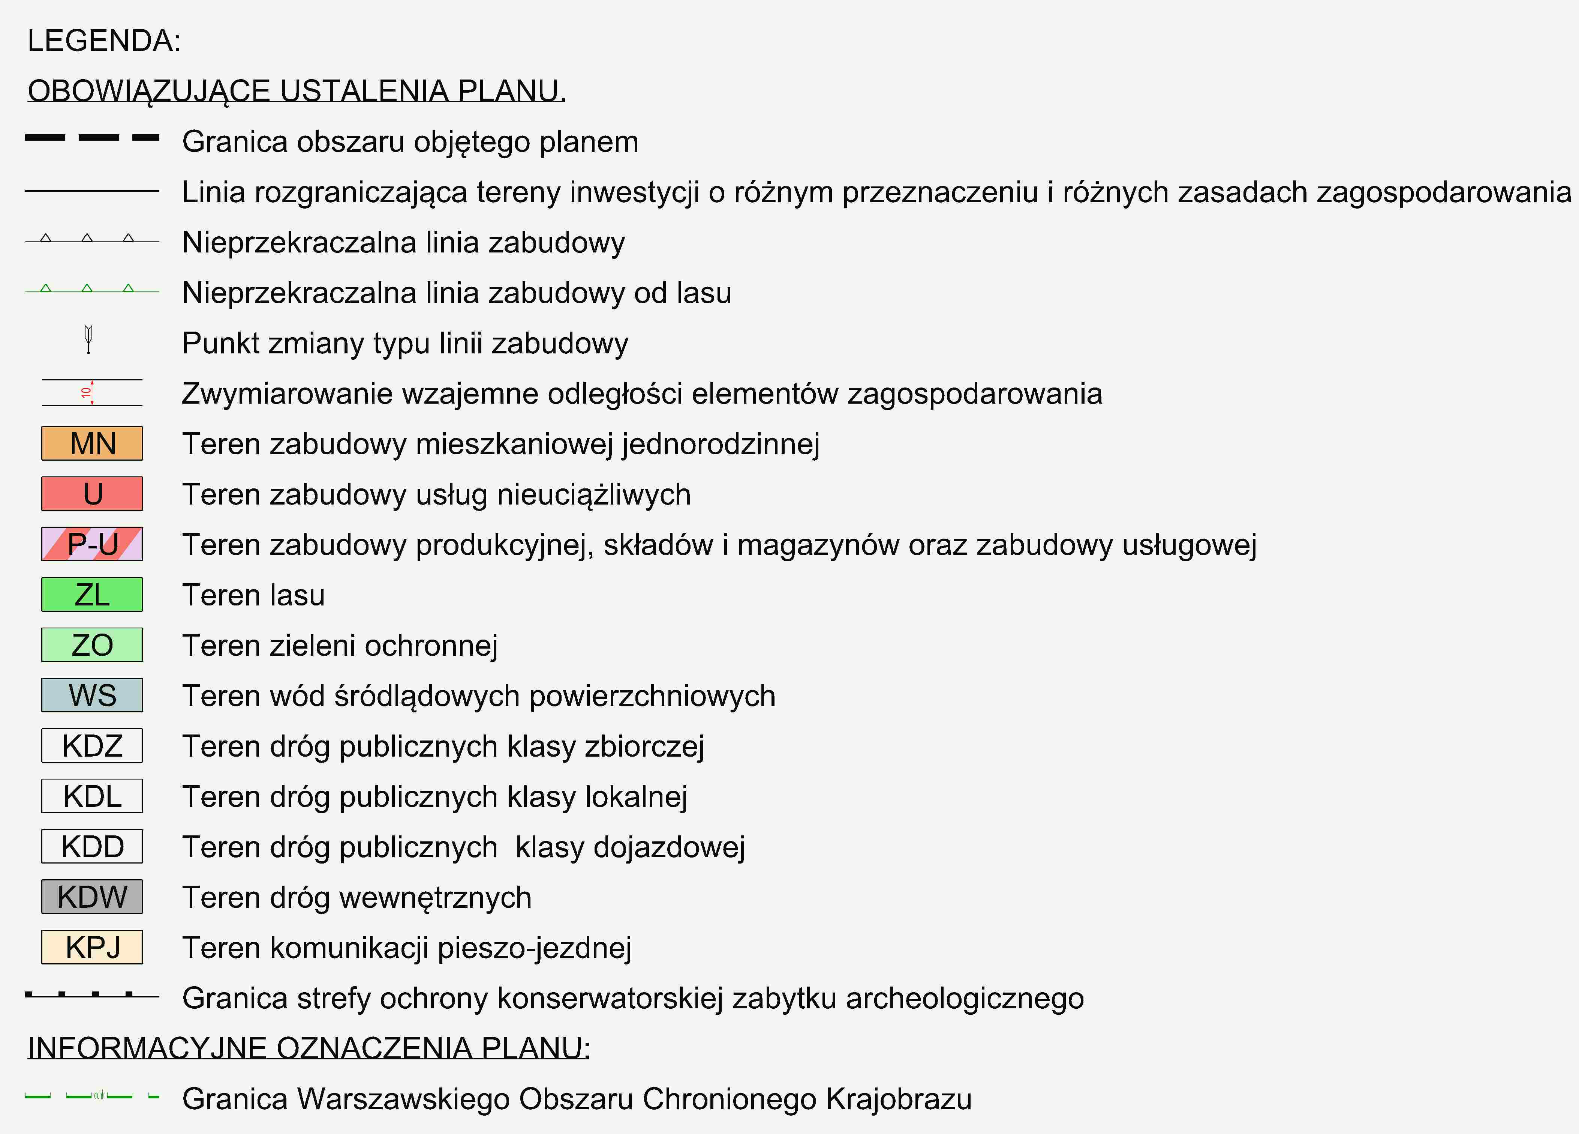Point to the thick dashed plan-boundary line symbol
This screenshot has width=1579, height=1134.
tap(92, 138)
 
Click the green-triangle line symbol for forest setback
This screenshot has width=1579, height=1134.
tap(92, 289)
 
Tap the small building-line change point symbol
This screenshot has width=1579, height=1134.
tap(88, 339)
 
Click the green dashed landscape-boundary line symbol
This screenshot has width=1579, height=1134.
tap(92, 1096)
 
